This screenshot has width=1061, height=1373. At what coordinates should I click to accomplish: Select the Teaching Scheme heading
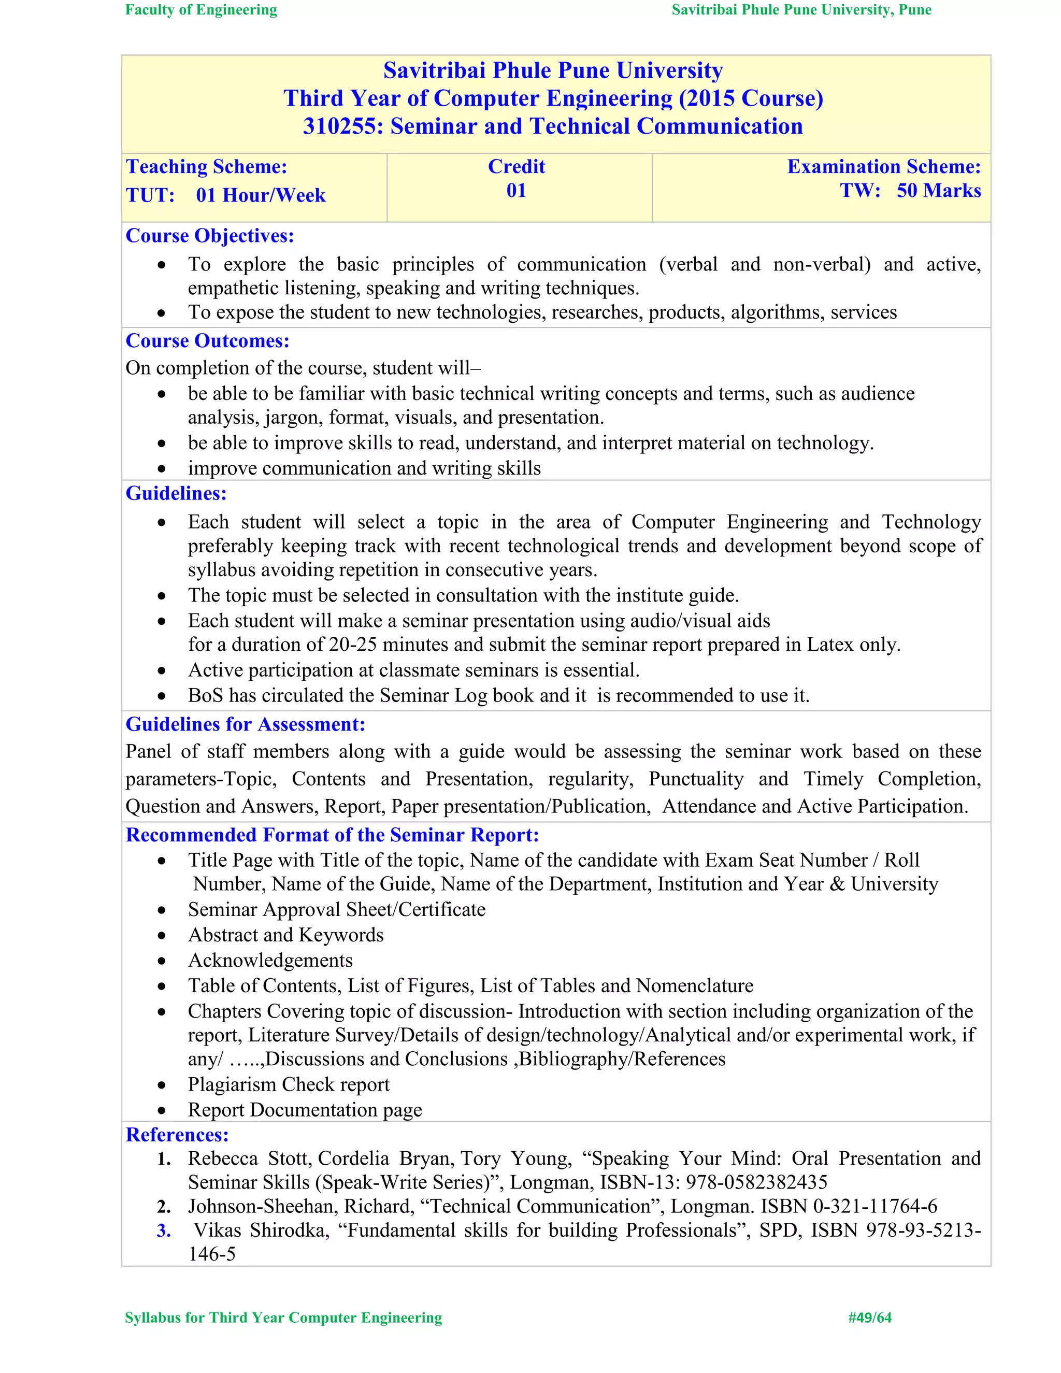206,167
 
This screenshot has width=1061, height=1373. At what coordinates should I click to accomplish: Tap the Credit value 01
516,191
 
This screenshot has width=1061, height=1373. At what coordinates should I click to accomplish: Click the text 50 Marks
938,191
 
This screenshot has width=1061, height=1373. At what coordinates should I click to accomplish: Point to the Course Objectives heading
209,236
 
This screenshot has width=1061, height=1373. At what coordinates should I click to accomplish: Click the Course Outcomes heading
207,341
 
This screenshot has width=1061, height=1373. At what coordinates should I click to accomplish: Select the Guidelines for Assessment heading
245,724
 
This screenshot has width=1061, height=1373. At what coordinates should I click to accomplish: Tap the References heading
177,1135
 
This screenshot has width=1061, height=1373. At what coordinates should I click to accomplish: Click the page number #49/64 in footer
869,1318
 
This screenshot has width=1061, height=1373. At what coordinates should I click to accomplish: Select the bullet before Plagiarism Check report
162,1085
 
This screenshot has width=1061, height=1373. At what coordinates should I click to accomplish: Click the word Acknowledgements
270,961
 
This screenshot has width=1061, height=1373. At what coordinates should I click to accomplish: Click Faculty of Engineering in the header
201,10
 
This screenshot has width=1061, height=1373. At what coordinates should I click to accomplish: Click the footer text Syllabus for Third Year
283,1318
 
